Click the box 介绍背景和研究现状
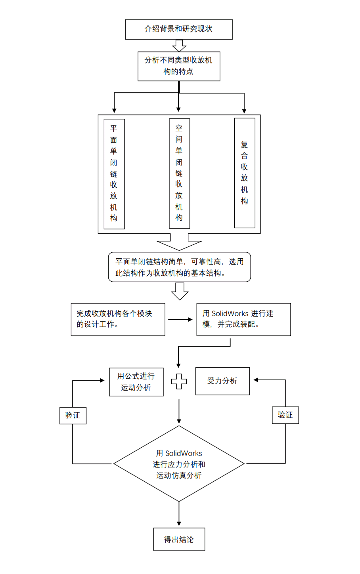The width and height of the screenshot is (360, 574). [179, 29]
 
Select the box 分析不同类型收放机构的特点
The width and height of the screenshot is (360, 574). [179, 66]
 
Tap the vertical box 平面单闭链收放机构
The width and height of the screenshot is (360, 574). [114, 174]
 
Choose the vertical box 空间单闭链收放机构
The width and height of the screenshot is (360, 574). [179, 174]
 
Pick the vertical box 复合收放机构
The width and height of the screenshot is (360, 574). [245, 173]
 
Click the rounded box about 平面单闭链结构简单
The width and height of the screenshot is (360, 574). [179, 267]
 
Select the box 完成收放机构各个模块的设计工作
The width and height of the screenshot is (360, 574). [118, 319]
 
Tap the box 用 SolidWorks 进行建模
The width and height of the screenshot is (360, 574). [243, 319]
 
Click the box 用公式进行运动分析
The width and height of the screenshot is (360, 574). [136, 382]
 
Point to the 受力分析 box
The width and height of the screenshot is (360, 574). [222, 381]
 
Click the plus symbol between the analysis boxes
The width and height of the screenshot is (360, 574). [179, 381]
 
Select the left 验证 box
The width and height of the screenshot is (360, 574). [73, 416]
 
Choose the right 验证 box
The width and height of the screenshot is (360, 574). [285, 415]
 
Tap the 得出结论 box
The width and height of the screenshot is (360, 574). [179, 539]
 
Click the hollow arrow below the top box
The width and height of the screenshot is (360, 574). [179, 46]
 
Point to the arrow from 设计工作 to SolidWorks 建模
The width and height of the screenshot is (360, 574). [180, 319]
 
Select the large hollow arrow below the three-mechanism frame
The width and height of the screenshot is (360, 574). [179, 242]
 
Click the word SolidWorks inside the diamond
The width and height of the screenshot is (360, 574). [184, 453]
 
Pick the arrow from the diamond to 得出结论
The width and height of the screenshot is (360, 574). [179, 514]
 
